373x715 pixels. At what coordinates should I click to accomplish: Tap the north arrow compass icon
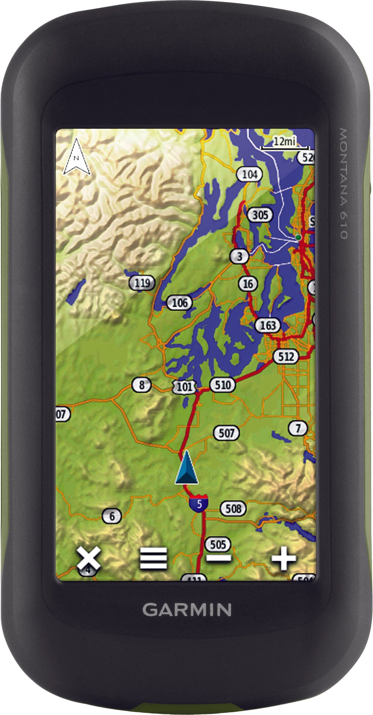click(x=77, y=157)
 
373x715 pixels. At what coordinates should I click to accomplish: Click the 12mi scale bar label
click(x=284, y=141)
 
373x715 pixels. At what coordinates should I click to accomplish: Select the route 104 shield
click(x=249, y=175)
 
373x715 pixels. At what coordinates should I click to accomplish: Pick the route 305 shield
click(x=260, y=215)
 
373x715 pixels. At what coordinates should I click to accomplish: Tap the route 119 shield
click(x=142, y=282)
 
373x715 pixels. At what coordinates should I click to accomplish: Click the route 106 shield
click(x=179, y=303)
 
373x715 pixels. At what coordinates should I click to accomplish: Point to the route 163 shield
click(x=268, y=325)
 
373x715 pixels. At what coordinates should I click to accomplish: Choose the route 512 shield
click(x=286, y=357)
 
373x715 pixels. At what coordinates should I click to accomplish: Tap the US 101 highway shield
click(x=184, y=386)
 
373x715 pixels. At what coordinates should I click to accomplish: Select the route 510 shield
click(x=222, y=385)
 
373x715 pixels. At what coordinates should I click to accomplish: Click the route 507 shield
click(x=226, y=433)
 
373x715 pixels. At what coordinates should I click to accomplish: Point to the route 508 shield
click(x=233, y=509)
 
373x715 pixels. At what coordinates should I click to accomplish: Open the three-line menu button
click(x=153, y=558)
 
